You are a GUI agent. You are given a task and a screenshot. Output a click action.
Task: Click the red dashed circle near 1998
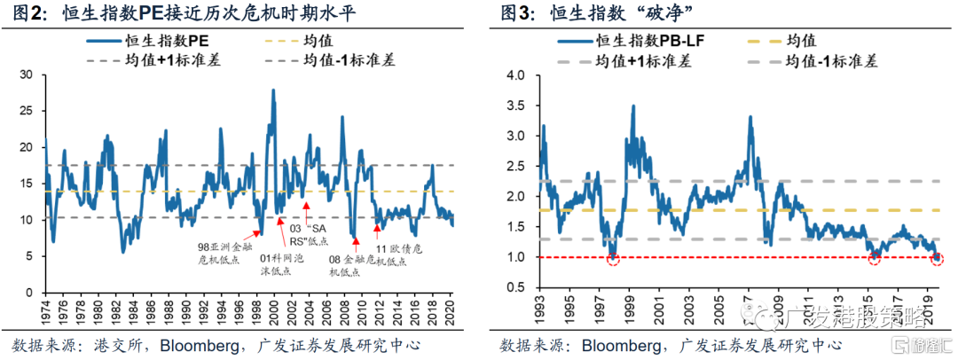click(x=613, y=257)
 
